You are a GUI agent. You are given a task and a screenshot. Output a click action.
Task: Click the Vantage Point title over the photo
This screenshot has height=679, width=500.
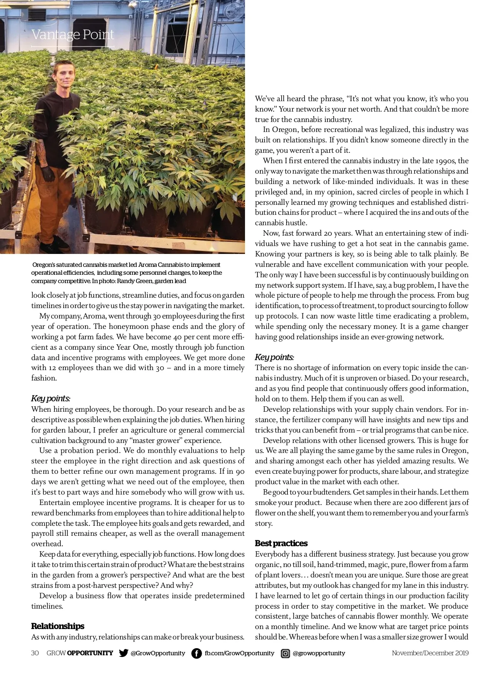click(72, 35)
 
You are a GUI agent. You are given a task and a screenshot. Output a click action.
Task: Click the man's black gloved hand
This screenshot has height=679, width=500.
click(47, 173)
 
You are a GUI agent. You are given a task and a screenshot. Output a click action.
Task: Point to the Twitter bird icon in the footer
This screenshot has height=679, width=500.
click(123, 653)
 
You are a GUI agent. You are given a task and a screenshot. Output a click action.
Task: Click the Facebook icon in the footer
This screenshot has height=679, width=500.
click(196, 653)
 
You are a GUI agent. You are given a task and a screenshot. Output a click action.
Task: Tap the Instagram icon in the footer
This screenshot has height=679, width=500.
click(285, 653)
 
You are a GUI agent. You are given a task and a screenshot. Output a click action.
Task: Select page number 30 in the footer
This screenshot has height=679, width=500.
click(35, 653)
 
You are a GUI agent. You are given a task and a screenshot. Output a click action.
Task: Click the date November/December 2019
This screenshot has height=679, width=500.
click(430, 653)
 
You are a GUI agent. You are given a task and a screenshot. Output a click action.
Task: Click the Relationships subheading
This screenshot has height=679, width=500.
click(57, 626)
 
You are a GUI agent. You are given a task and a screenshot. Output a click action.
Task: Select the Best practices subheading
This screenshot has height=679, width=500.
click(281, 543)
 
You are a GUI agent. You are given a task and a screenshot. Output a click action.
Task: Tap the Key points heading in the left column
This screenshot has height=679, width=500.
click(50, 398)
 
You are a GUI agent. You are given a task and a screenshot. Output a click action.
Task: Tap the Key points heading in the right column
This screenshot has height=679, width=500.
click(274, 357)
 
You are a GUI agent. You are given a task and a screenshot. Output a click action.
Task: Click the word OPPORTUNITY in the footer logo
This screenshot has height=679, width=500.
click(90, 653)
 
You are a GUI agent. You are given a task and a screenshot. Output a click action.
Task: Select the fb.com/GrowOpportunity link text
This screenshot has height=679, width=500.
click(239, 653)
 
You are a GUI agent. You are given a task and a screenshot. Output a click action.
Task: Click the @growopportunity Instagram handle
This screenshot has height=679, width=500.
click(319, 653)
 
